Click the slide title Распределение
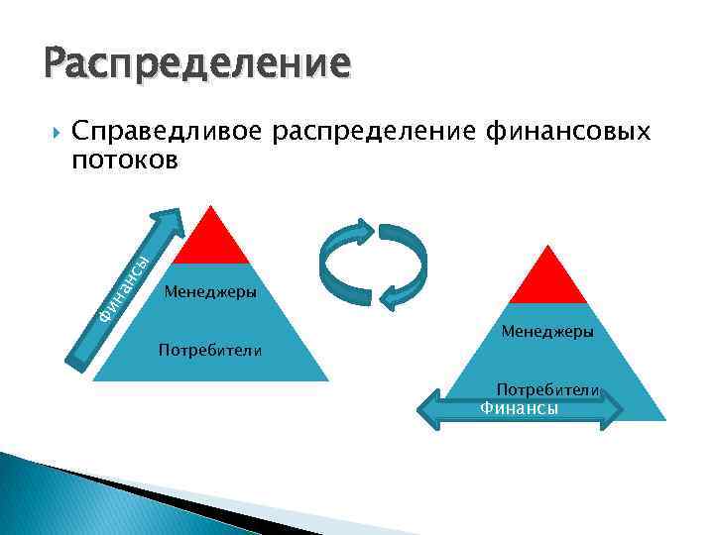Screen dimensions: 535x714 tap(196, 64)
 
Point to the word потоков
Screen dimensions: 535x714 tap(125, 160)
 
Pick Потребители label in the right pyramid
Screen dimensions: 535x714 tap(547, 390)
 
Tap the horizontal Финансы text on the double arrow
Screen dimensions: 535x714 tap(519, 408)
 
